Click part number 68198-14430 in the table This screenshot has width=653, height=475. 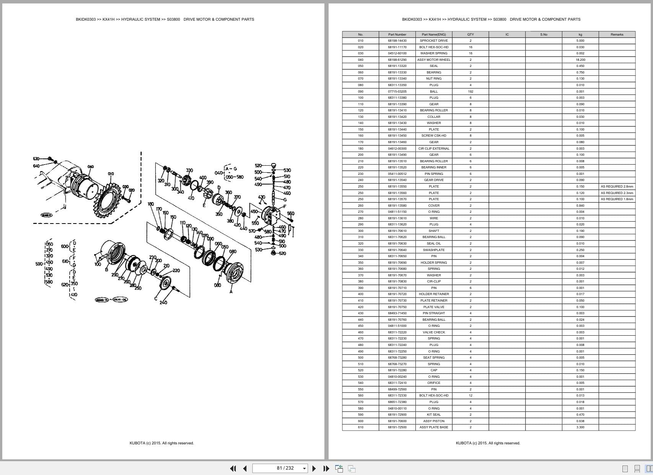(397, 41)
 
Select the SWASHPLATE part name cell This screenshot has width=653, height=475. (434, 250)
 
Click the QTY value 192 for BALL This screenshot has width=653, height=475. (470, 91)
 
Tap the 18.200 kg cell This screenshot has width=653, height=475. (580, 60)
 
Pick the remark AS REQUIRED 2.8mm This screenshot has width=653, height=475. (617, 186)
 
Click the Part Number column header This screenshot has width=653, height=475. (397, 34)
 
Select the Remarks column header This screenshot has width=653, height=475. (617, 34)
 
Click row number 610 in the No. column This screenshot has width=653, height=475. (360, 427)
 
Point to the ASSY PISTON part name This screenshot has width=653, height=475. (434, 421)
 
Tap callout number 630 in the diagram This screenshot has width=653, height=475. (36, 158)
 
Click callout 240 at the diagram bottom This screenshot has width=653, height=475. (163, 302)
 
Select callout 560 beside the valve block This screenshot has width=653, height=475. (291, 214)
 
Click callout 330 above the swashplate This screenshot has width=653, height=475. (189, 170)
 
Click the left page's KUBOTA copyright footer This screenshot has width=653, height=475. (161, 443)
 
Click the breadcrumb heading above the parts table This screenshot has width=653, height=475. (491, 19)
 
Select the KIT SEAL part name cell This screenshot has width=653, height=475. (434, 415)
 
